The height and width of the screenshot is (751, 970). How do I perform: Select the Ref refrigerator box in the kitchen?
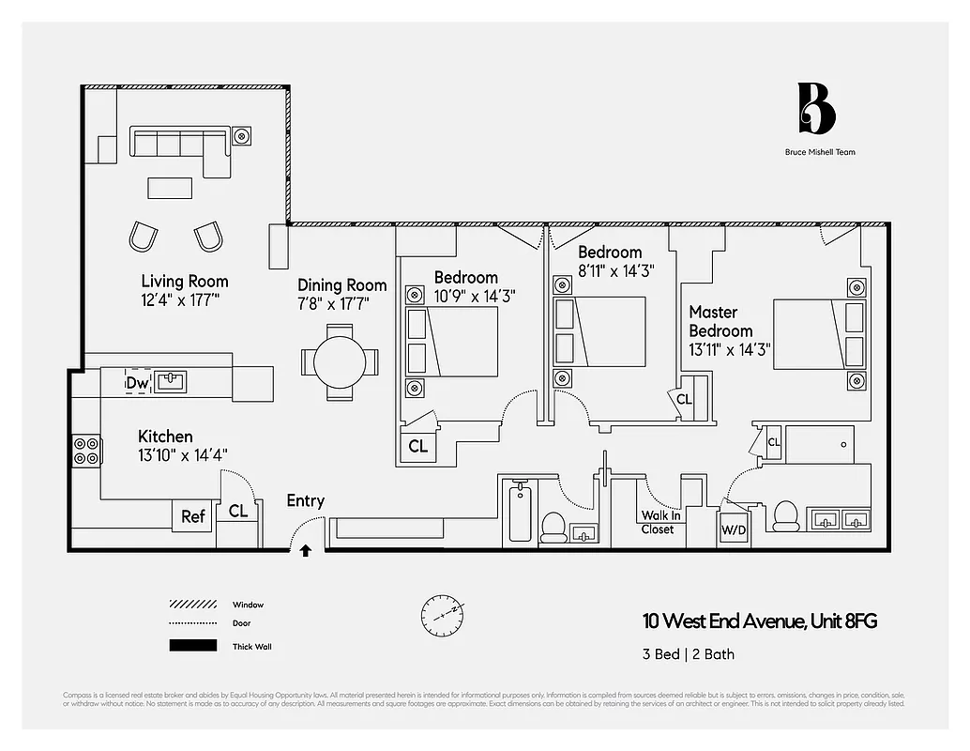click(193, 516)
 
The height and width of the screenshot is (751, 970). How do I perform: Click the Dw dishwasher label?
click(137, 383)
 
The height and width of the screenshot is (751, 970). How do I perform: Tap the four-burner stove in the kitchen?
click(86, 452)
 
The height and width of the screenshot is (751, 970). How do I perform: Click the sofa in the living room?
click(180, 146)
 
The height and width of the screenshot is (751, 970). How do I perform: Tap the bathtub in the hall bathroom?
click(519, 513)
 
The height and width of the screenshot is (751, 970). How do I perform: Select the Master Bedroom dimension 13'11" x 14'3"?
click(730, 348)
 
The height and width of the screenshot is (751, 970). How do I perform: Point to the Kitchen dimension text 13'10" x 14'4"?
click(182, 454)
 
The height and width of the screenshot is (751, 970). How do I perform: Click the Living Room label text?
click(184, 281)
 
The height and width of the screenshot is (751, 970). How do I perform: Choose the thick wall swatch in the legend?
click(192, 646)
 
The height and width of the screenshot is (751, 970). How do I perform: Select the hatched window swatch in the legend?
click(192, 605)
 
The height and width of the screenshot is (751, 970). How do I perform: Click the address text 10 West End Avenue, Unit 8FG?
click(760, 621)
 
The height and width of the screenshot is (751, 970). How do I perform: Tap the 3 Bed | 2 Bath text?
click(689, 654)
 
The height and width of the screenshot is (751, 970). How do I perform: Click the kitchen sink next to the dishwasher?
click(171, 381)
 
